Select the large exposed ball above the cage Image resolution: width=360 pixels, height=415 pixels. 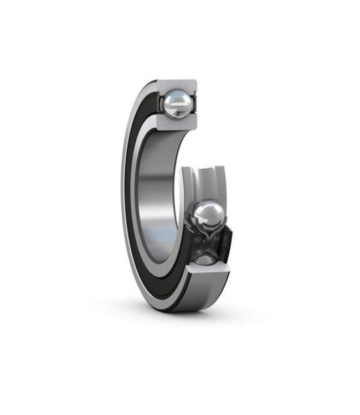(208, 217)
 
